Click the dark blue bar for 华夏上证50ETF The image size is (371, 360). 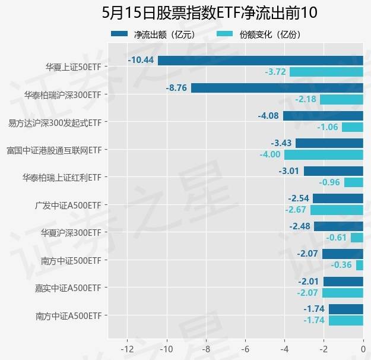260,61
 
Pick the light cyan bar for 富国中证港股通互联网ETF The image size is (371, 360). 324,154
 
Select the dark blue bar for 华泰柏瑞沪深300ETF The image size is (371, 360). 277,88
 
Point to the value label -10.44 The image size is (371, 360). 141,61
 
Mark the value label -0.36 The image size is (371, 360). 341,265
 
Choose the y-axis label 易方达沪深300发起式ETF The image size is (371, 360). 54,122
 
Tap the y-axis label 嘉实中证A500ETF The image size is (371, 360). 68,288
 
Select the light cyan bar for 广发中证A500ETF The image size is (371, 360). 337,210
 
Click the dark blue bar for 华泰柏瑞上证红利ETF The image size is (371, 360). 333,171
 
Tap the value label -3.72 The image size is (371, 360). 275,72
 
